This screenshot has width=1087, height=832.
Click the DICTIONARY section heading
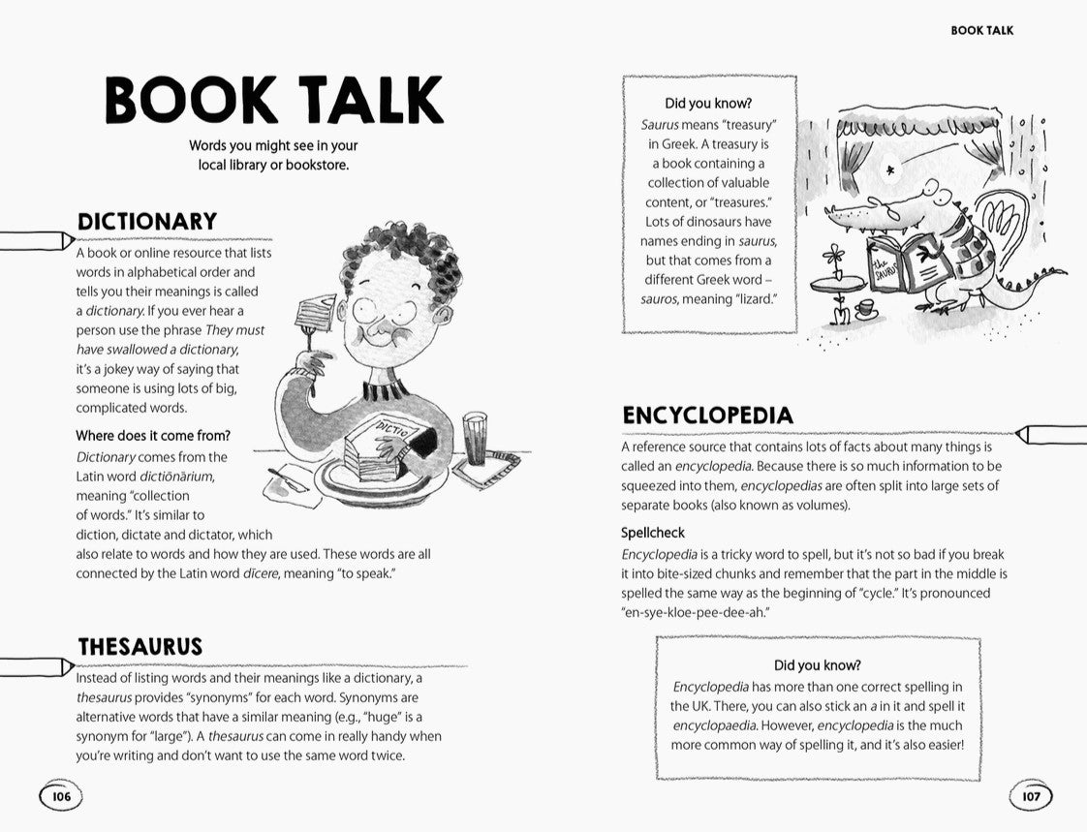[146, 222]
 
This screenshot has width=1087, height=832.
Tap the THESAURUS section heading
[140, 647]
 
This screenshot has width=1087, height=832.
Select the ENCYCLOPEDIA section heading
[707, 416]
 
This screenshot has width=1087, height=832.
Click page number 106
[61, 797]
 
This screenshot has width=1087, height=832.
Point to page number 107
[1030, 797]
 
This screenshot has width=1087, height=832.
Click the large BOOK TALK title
[274, 101]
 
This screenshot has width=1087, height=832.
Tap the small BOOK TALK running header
[981, 30]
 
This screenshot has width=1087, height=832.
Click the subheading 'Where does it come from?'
[153, 436]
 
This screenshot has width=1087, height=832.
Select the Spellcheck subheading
[653, 533]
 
